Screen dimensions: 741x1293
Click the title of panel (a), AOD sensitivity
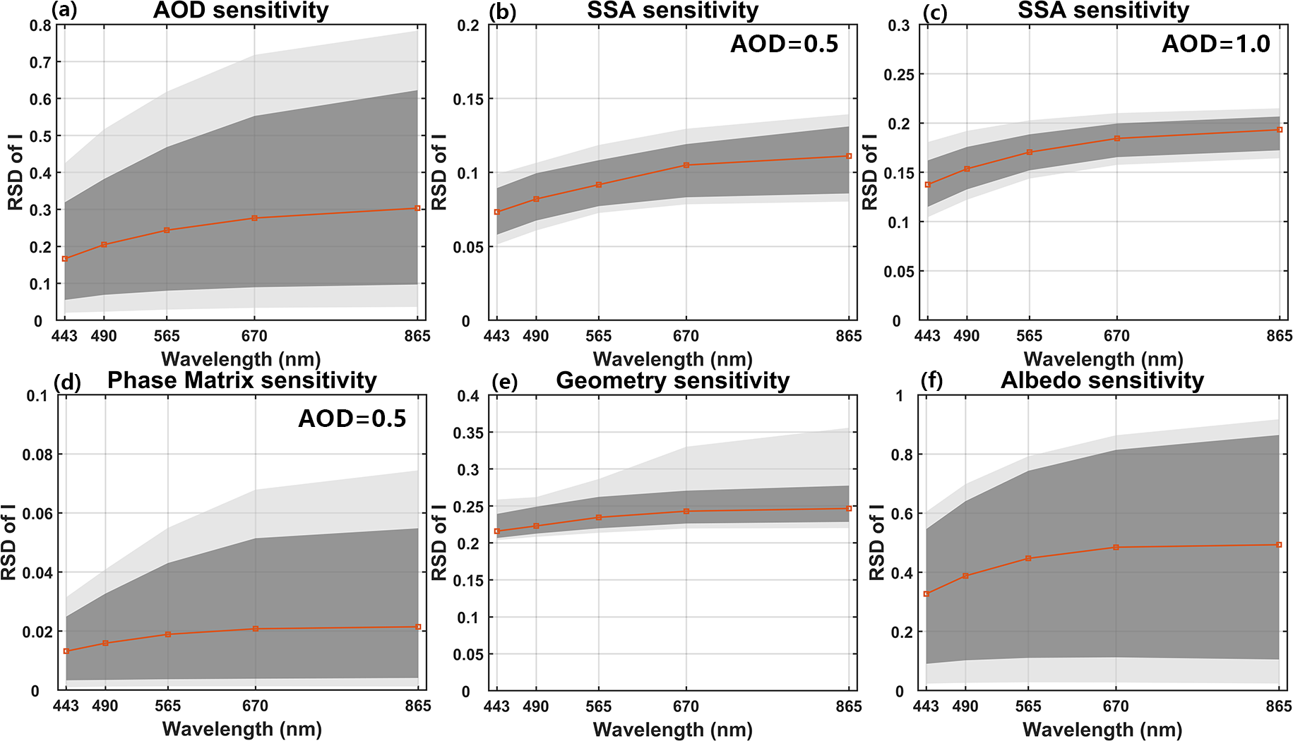[x=241, y=11]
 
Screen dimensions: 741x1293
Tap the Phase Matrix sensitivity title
[x=242, y=380]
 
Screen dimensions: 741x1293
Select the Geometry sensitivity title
[x=672, y=380]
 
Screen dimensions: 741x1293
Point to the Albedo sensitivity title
[x=1102, y=380]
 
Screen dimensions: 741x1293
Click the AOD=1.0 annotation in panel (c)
[x=1215, y=44]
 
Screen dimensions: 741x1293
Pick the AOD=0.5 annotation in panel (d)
[x=352, y=419]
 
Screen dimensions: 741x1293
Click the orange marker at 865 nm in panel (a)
[x=417, y=208]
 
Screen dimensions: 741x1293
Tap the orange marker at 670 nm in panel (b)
[x=686, y=165]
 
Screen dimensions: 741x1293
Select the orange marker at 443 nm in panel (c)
[x=928, y=185]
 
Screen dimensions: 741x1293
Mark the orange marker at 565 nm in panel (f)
[x=1028, y=558]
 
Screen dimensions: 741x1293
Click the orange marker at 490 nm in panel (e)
[x=536, y=526]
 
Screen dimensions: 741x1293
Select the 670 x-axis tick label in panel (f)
[x=1116, y=706]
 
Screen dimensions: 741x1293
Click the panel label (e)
[x=504, y=382]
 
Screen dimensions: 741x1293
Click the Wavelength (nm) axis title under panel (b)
[x=672, y=359]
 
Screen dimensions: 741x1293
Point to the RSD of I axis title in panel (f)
[x=876, y=542]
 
